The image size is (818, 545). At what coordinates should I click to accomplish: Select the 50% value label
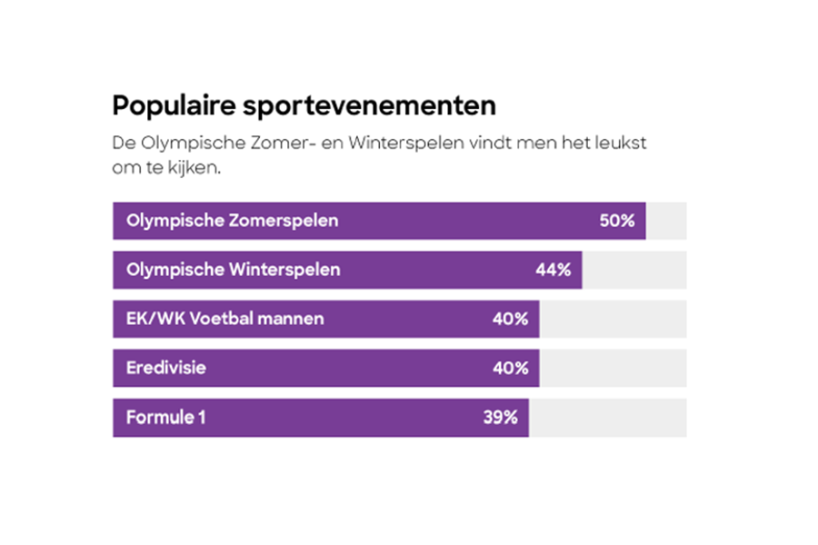616,221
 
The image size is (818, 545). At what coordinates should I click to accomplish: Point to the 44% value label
553,270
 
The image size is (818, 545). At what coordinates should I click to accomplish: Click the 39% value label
500,418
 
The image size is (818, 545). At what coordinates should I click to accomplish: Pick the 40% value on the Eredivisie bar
510,368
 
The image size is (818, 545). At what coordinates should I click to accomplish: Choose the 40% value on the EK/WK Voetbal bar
510,319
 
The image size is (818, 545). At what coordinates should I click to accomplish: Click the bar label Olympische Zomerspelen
232,221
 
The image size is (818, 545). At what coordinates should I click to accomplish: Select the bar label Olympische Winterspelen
234,270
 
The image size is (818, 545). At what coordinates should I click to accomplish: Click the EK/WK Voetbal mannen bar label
224,319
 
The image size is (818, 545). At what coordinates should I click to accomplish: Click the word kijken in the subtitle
193,169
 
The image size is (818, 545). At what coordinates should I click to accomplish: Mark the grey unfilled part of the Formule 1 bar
607,418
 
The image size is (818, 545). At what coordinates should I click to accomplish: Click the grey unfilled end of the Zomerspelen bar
665,221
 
